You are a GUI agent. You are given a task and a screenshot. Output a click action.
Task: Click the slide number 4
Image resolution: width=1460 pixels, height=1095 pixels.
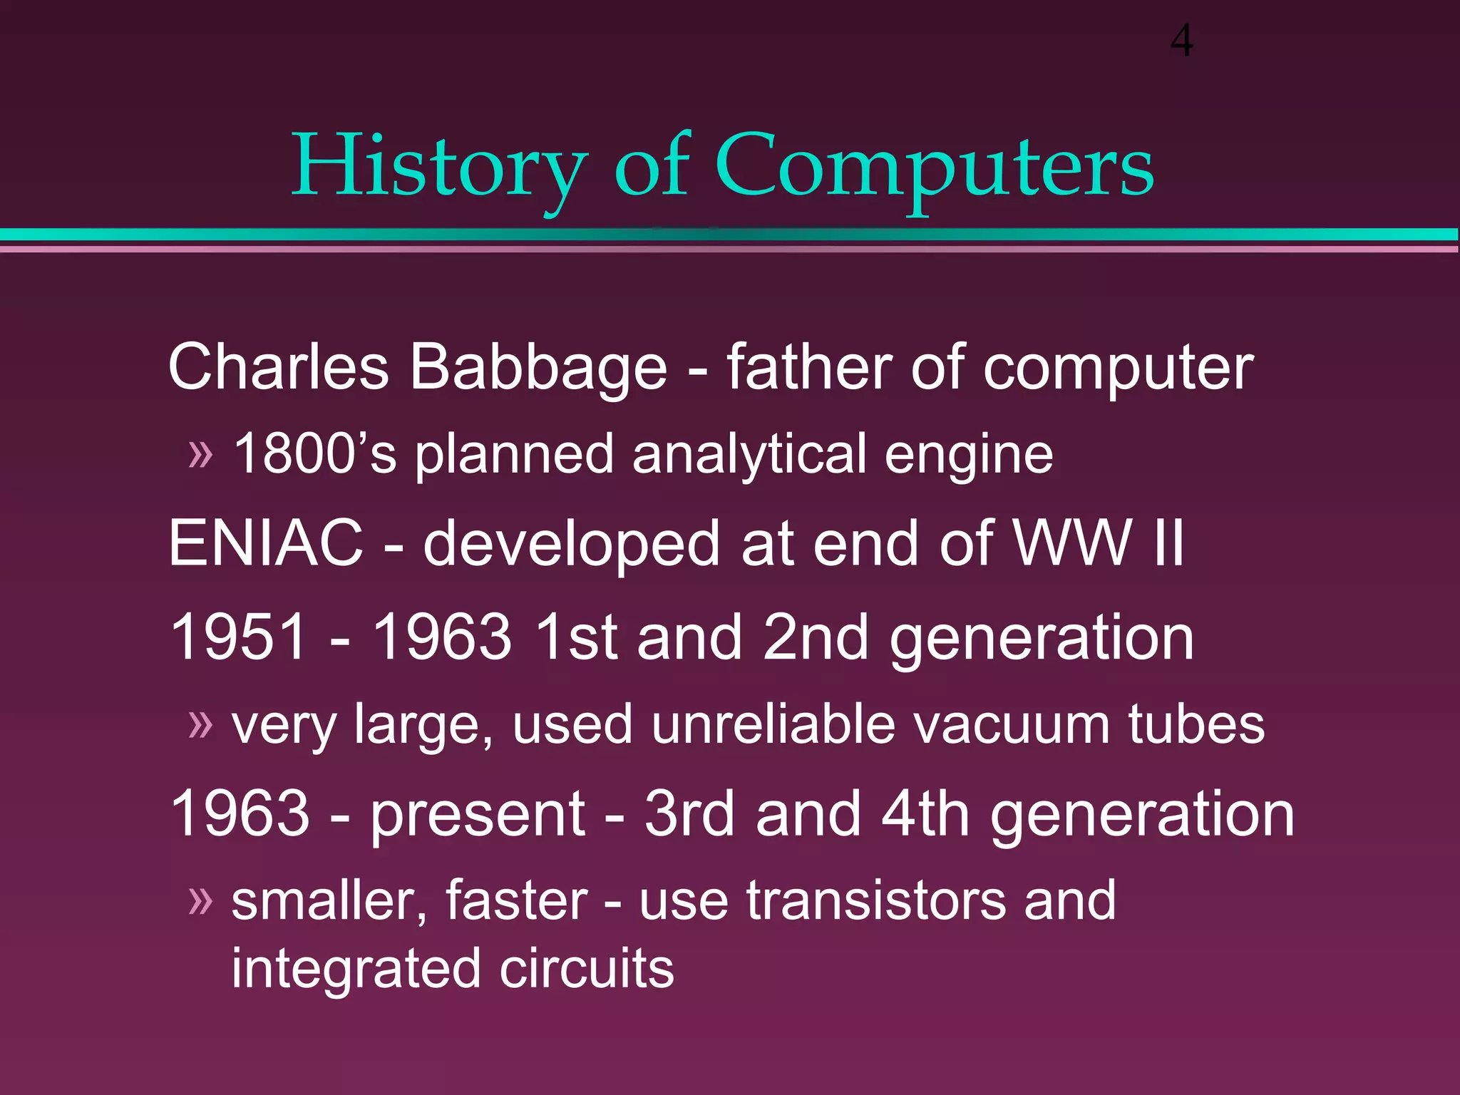pos(1181,41)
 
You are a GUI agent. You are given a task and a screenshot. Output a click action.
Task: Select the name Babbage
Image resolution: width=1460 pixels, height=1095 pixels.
pos(538,368)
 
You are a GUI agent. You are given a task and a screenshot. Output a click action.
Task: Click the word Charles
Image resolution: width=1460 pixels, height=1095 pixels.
pos(278,368)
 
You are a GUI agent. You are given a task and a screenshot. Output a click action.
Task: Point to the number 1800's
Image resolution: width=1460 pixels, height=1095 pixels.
pos(314,454)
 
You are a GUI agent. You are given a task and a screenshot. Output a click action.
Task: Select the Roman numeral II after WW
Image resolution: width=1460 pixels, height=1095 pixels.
pos(1168,544)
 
